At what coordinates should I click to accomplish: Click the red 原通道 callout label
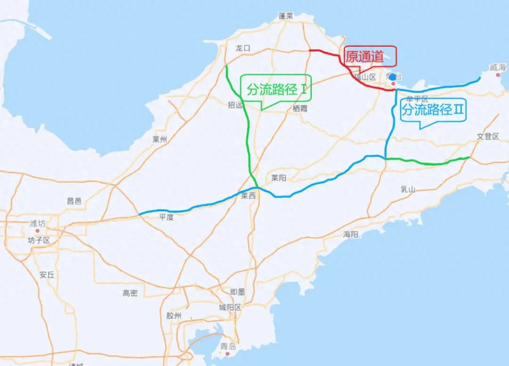point(370,57)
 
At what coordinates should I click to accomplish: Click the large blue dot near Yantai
point(393,77)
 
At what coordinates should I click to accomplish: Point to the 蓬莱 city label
point(286,16)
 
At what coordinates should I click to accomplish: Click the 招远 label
point(235,106)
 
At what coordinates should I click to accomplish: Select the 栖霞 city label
point(300,108)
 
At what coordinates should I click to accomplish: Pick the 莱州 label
point(160,139)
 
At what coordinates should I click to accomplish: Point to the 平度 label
point(166,217)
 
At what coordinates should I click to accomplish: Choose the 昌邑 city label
point(74,201)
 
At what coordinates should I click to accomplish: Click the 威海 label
point(497,68)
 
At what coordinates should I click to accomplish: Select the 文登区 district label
point(487,137)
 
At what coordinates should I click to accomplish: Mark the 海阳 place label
point(351,234)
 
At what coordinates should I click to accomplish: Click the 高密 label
point(130,293)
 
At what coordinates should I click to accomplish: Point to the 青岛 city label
point(227,347)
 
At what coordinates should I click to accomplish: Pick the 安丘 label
point(47,275)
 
